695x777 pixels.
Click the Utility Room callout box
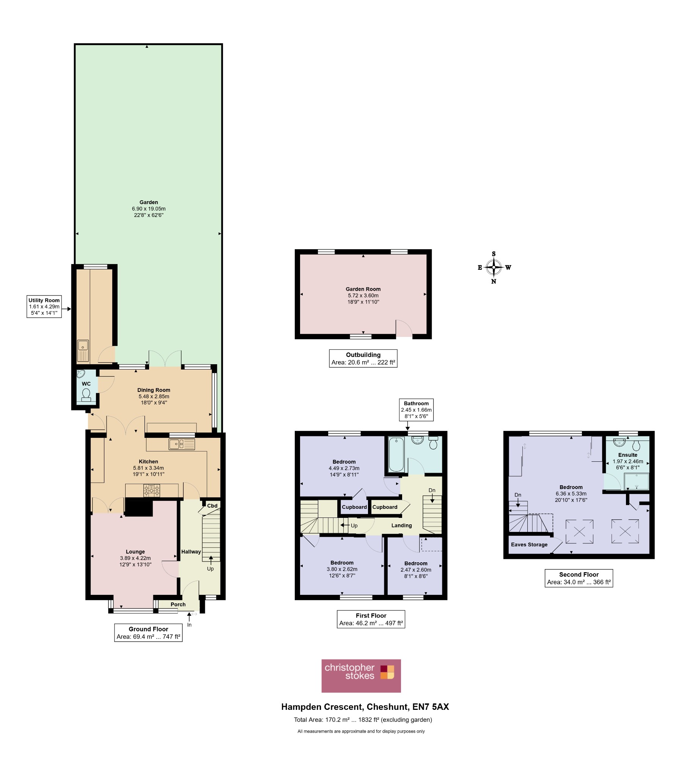point(44,306)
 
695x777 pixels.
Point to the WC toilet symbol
point(86,395)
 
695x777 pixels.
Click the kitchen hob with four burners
point(152,490)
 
